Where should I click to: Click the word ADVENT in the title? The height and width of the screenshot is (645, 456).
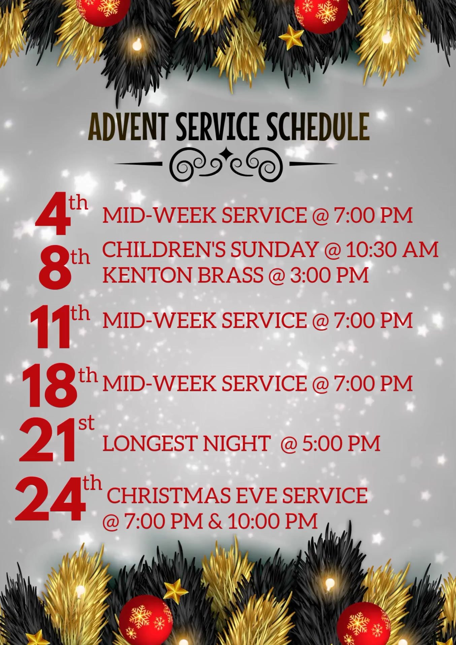pyautogui.click(x=128, y=127)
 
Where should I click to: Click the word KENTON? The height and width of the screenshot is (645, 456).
pyautogui.click(x=147, y=275)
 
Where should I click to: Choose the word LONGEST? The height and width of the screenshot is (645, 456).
pyautogui.click(x=150, y=443)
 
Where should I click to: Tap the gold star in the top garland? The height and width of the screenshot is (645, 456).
pyautogui.click(x=291, y=37)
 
